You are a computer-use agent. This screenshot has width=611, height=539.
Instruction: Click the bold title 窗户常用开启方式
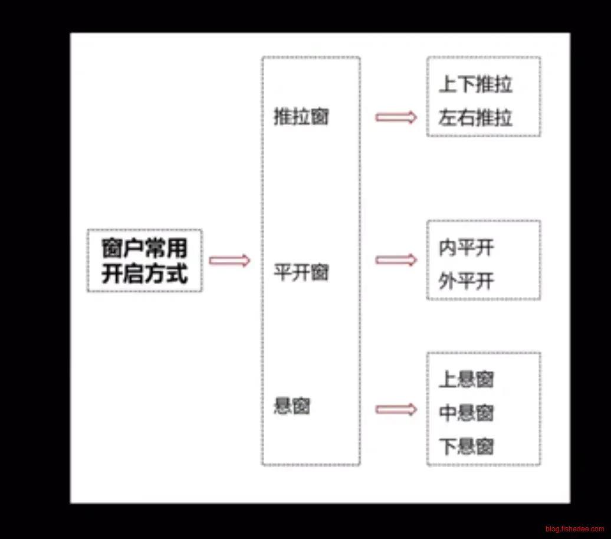coord(144,261)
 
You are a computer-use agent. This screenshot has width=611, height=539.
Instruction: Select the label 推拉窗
coord(301,116)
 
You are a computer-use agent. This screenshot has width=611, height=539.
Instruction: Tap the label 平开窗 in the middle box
coord(301,272)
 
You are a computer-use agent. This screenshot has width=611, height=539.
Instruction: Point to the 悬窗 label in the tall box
coord(292,406)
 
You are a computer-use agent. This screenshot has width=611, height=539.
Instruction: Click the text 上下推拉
coord(475,84)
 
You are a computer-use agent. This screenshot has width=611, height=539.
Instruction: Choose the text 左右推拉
coord(475,118)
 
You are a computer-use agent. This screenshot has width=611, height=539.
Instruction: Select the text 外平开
coord(466,281)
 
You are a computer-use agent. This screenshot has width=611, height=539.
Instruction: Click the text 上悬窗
coord(466,379)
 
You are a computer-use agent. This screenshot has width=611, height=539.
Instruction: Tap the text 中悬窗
coord(466,413)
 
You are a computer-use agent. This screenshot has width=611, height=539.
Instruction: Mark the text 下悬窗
coord(466,446)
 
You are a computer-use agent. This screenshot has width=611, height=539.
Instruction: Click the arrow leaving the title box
coord(229,261)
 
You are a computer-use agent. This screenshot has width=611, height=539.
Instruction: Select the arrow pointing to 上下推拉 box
coord(396,117)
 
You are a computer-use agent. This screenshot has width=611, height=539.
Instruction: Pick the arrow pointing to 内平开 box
coord(396,260)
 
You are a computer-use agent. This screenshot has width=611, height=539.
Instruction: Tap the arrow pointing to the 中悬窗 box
coord(396,409)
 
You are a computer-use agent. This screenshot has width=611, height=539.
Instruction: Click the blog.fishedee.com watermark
coord(574,529)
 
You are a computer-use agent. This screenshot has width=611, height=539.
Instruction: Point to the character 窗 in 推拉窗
coord(320,116)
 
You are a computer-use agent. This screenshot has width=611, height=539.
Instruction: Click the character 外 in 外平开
coord(448,281)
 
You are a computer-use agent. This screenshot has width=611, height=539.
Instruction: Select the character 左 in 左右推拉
coord(448,118)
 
